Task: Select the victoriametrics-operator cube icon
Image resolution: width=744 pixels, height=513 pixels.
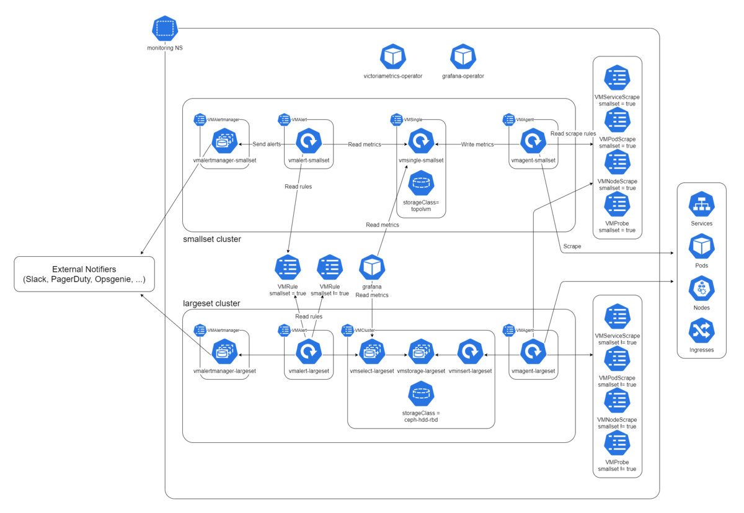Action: (x=393, y=56)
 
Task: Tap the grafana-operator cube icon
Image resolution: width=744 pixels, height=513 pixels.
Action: (x=463, y=56)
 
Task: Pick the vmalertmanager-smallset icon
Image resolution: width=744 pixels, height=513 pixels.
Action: (x=224, y=141)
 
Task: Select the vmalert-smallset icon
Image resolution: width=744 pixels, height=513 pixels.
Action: (x=308, y=141)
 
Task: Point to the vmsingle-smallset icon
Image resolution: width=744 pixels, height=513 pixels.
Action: (x=421, y=141)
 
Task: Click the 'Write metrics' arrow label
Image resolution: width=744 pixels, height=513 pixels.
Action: (x=477, y=144)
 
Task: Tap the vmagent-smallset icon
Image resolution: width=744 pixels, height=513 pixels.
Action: (x=533, y=141)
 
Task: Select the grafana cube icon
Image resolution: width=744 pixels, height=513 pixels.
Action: (x=372, y=267)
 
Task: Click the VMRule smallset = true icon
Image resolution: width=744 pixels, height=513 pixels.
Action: (x=288, y=267)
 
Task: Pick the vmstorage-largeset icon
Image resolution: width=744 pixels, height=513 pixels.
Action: (x=421, y=352)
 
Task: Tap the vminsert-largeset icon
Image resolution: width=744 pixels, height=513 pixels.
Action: (x=470, y=352)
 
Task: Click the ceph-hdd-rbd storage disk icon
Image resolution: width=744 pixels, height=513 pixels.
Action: (x=421, y=393)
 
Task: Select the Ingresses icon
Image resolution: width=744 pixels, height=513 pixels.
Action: (x=701, y=331)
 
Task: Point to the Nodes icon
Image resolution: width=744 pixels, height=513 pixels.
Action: (x=701, y=289)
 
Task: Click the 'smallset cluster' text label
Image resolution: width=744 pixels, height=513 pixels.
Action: (x=211, y=239)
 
